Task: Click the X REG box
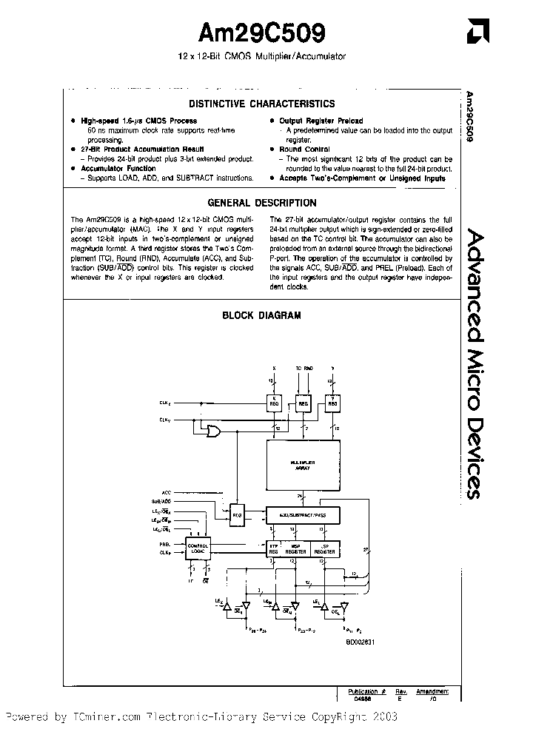click(275, 403)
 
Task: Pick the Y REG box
click(333, 403)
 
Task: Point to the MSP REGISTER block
click(295, 549)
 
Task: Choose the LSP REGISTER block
click(324, 549)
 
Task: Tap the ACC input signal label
click(166, 491)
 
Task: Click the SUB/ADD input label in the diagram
click(161, 501)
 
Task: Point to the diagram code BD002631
click(361, 641)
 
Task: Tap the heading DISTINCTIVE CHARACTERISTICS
click(261, 104)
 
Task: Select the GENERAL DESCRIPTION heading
click(261, 203)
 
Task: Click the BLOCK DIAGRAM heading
click(261, 315)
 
